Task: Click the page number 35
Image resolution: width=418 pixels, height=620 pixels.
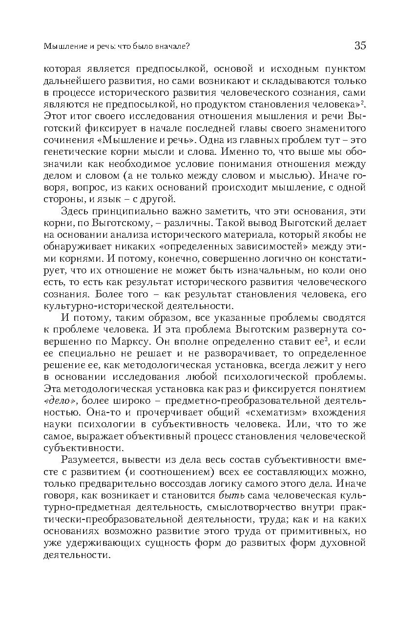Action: tap(360, 46)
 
